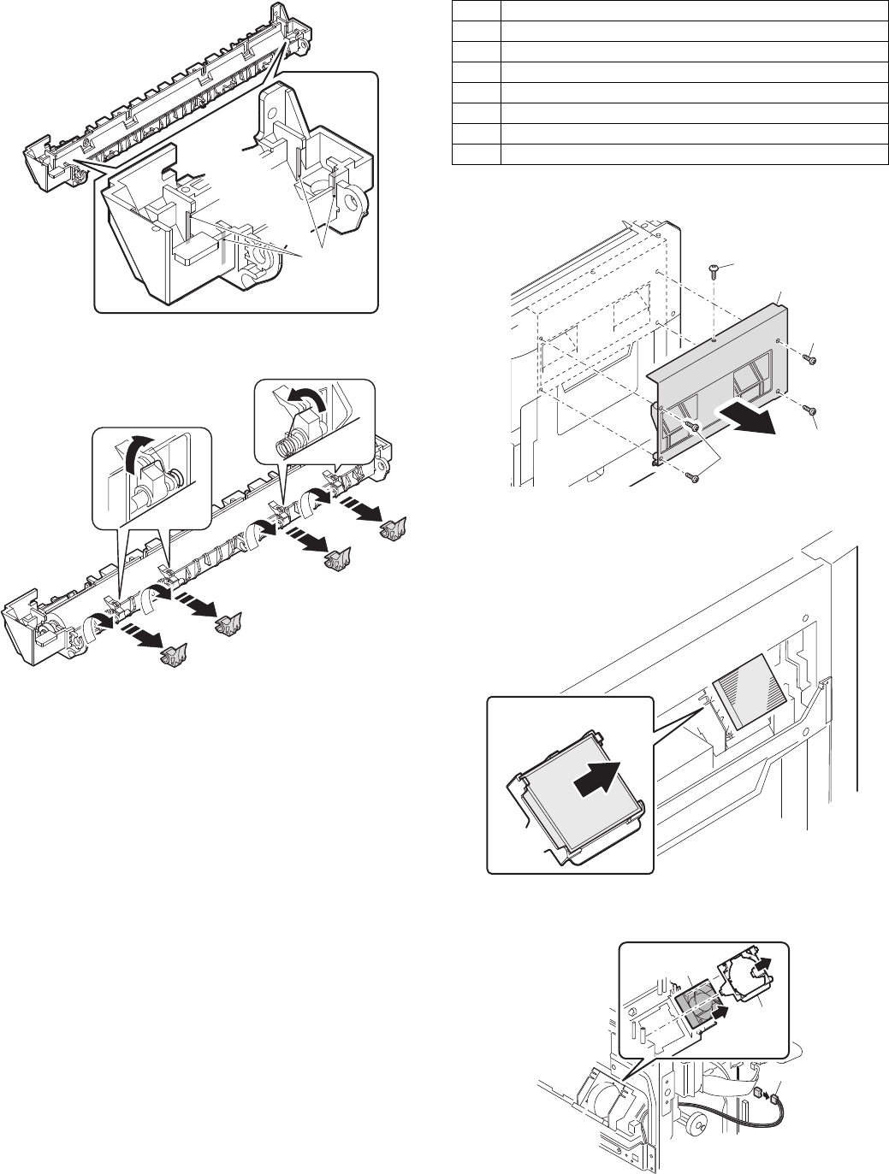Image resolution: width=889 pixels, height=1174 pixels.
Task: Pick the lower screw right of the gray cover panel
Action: pyautogui.click(x=809, y=411)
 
